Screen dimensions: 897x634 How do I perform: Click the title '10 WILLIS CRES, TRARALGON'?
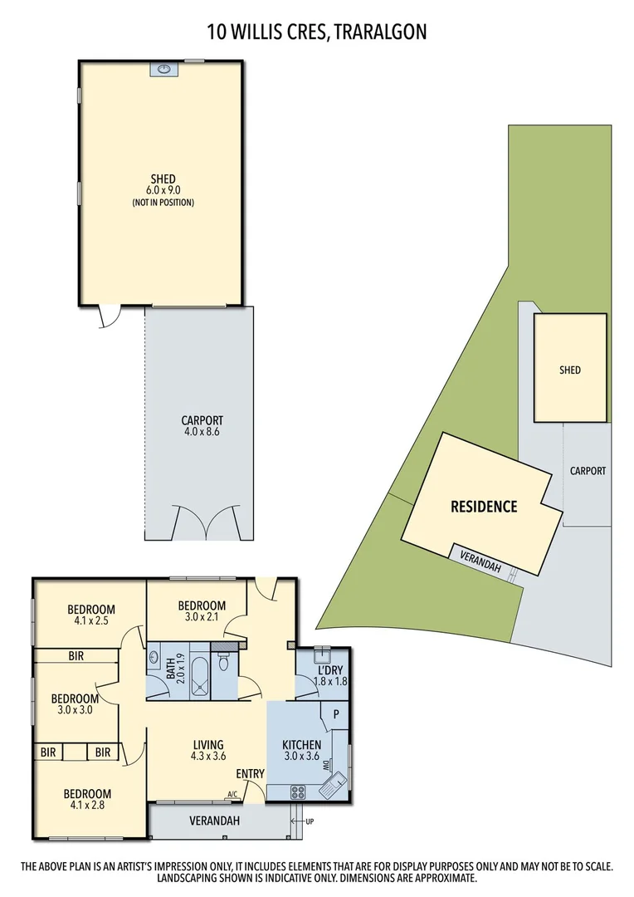point(317,32)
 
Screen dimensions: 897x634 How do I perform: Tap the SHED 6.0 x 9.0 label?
point(163,189)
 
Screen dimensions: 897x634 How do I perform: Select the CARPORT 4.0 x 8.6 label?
point(202,426)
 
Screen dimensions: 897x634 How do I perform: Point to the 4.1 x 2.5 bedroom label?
point(91,615)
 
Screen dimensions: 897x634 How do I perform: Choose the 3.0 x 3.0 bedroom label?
point(75,704)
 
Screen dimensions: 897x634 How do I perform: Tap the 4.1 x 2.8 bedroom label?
point(87,799)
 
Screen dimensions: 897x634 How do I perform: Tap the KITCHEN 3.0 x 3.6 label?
point(302,751)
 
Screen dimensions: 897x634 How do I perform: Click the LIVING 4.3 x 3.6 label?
point(208,751)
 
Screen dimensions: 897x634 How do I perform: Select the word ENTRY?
point(250,774)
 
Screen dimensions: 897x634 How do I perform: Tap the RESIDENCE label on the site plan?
point(484,507)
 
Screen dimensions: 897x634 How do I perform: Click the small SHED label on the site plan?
point(570,370)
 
